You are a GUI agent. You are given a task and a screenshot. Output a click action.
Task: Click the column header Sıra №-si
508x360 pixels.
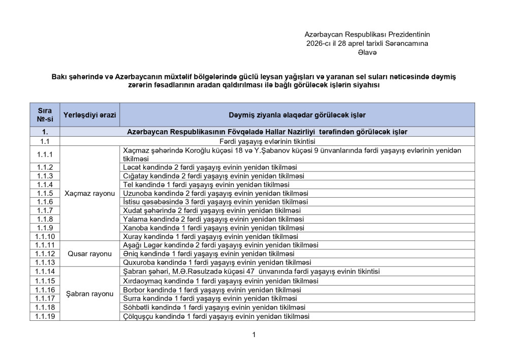coord(45,115)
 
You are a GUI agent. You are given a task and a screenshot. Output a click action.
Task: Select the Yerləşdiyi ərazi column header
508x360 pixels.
coord(89,115)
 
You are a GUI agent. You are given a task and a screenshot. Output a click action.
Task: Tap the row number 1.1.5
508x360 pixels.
coord(45,194)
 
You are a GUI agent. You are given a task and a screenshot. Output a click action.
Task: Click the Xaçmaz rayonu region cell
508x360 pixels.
coord(89,194)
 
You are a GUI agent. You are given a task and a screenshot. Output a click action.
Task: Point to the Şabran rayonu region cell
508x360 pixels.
coord(89,294)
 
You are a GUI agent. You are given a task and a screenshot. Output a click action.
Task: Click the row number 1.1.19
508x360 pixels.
coord(45,316)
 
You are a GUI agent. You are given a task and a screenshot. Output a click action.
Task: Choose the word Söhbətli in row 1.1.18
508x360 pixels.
coord(137,308)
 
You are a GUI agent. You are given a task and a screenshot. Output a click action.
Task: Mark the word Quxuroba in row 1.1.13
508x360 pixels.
coord(139,262)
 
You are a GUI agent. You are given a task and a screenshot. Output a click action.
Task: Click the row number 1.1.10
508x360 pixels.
coord(45,236)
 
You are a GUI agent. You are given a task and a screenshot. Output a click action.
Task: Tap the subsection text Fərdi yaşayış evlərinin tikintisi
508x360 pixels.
coord(268,140)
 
